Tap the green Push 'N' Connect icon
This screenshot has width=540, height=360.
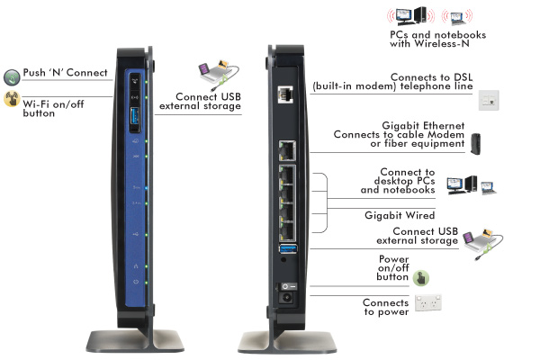point(12,76)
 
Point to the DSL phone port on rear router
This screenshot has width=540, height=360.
point(286,94)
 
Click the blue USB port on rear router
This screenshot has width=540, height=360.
point(286,247)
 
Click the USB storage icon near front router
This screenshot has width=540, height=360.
point(215,75)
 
